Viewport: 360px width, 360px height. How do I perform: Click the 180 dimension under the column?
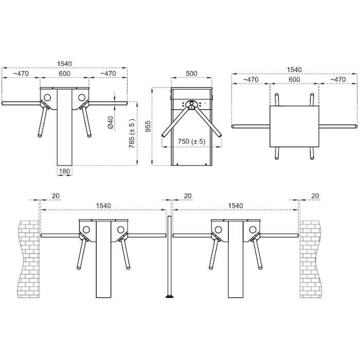[x=64, y=171]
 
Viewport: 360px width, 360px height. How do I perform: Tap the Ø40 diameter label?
[x=111, y=122]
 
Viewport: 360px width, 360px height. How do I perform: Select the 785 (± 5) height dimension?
[x=132, y=133]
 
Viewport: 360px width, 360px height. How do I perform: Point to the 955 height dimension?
[x=149, y=126]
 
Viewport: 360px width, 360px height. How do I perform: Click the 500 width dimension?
[x=191, y=74]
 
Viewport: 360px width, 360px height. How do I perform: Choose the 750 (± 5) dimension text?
[x=191, y=141]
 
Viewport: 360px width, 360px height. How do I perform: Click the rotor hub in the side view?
[x=191, y=104]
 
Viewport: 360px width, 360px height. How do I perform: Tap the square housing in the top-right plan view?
[x=294, y=127]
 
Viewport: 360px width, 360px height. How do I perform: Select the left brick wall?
[x=29, y=259]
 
